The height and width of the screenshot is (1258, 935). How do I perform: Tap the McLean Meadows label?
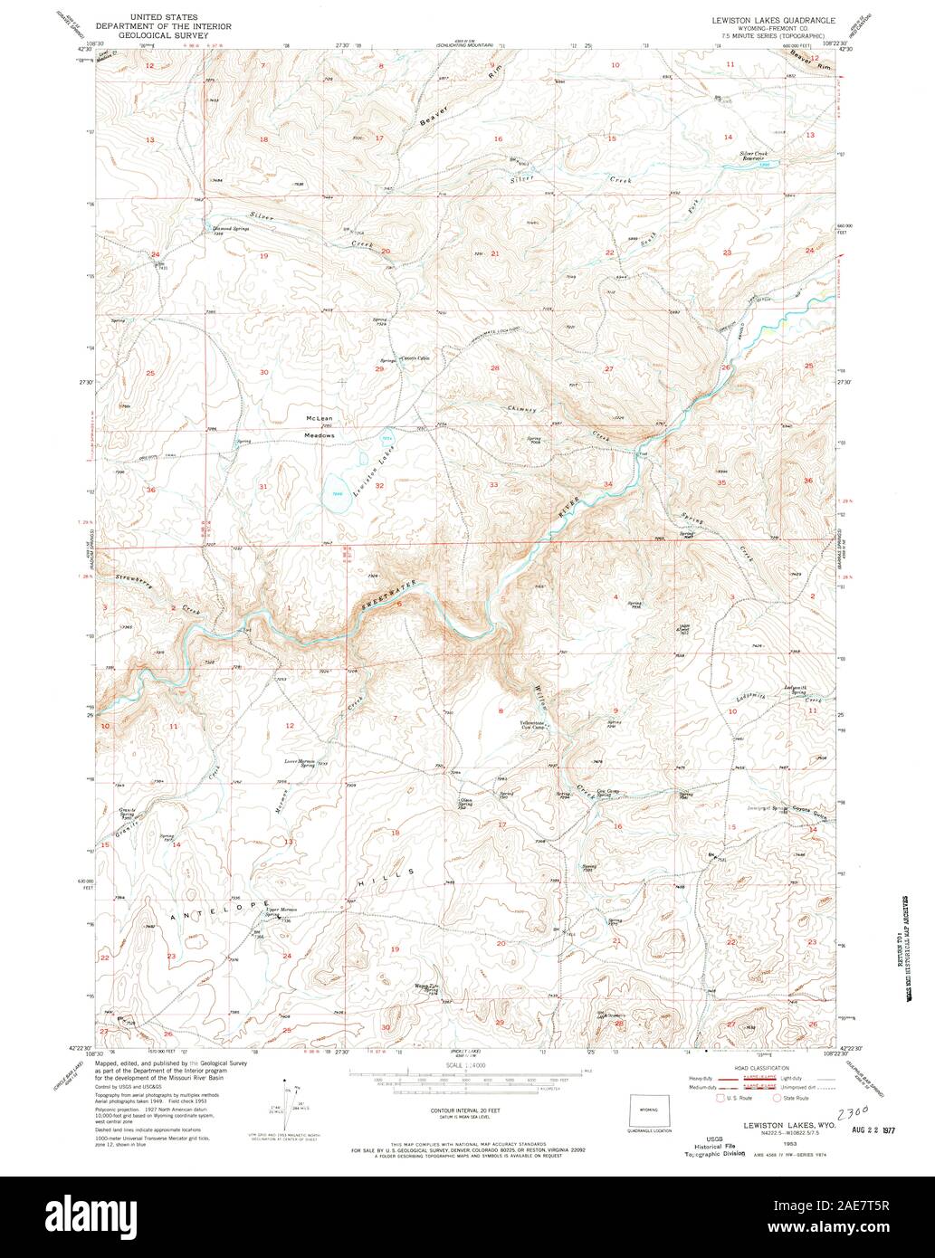tap(320, 427)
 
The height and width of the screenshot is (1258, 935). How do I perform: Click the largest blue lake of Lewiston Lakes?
tap(337, 491)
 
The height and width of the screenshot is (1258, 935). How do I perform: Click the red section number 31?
tap(263, 487)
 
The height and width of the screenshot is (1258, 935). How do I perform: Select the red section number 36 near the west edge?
tap(151, 490)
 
